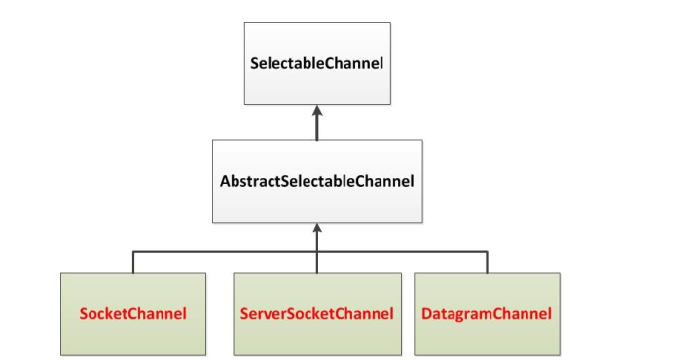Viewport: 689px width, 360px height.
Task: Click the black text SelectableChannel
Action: (x=316, y=64)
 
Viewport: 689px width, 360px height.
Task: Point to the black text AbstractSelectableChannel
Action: (x=316, y=181)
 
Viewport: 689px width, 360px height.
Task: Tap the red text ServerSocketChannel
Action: (x=316, y=314)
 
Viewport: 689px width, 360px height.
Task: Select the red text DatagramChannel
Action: (x=487, y=314)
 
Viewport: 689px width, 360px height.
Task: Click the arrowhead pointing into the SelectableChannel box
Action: (x=316, y=111)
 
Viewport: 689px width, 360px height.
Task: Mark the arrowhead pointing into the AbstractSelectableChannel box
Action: (x=316, y=228)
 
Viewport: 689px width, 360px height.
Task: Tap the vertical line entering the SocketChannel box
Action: (x=133, y=263)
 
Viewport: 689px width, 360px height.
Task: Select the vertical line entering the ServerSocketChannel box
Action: (x=316, y=263)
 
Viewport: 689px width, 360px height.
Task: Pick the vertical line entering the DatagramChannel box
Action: (x=487, y=263)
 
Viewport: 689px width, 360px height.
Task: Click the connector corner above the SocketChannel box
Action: (x=133, y=251)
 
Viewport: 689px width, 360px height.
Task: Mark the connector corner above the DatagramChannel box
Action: (x=487, y=251)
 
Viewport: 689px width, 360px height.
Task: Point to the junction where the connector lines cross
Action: (x=316, y=251)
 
